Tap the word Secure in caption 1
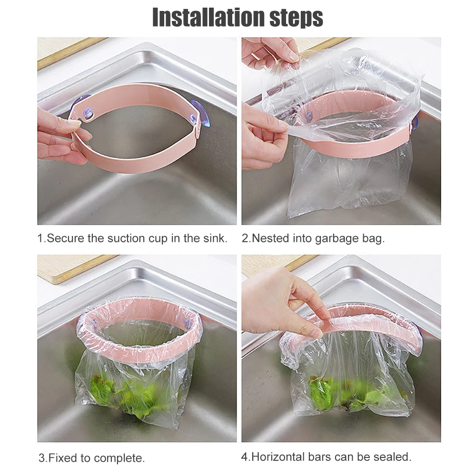(x=65, y=238)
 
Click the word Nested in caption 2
(x=270, y=238)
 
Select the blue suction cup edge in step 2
(x=415, y=123)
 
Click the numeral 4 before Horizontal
(x=245, y=456)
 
